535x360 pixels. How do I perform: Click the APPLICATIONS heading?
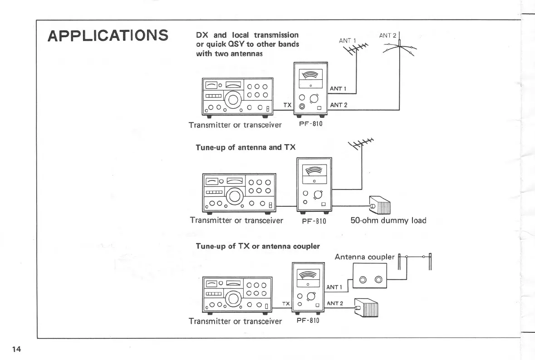[x=108, y=35]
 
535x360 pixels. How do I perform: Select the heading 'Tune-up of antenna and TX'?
[x=239, y=147]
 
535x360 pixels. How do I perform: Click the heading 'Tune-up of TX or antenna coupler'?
[x=257, y=246]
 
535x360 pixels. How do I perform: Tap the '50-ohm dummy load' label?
[x=388, y=221]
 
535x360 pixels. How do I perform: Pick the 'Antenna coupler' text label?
[x=364, y=257]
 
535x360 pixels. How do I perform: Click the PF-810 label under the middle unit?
[x=314, y=221]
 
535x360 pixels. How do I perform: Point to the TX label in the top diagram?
[x=287, y=105]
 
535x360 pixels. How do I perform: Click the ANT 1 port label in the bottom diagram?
[x=334, y=287]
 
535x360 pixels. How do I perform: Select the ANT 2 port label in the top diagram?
[x=339, y=105]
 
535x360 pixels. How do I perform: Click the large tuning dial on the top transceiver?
[x=233, y=100]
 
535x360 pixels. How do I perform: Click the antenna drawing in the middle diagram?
[x=361, y=146]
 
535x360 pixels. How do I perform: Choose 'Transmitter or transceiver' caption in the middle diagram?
[x=236, y=221]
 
